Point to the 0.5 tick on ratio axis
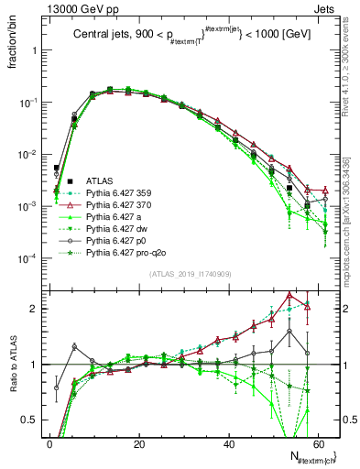click(33, 420)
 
